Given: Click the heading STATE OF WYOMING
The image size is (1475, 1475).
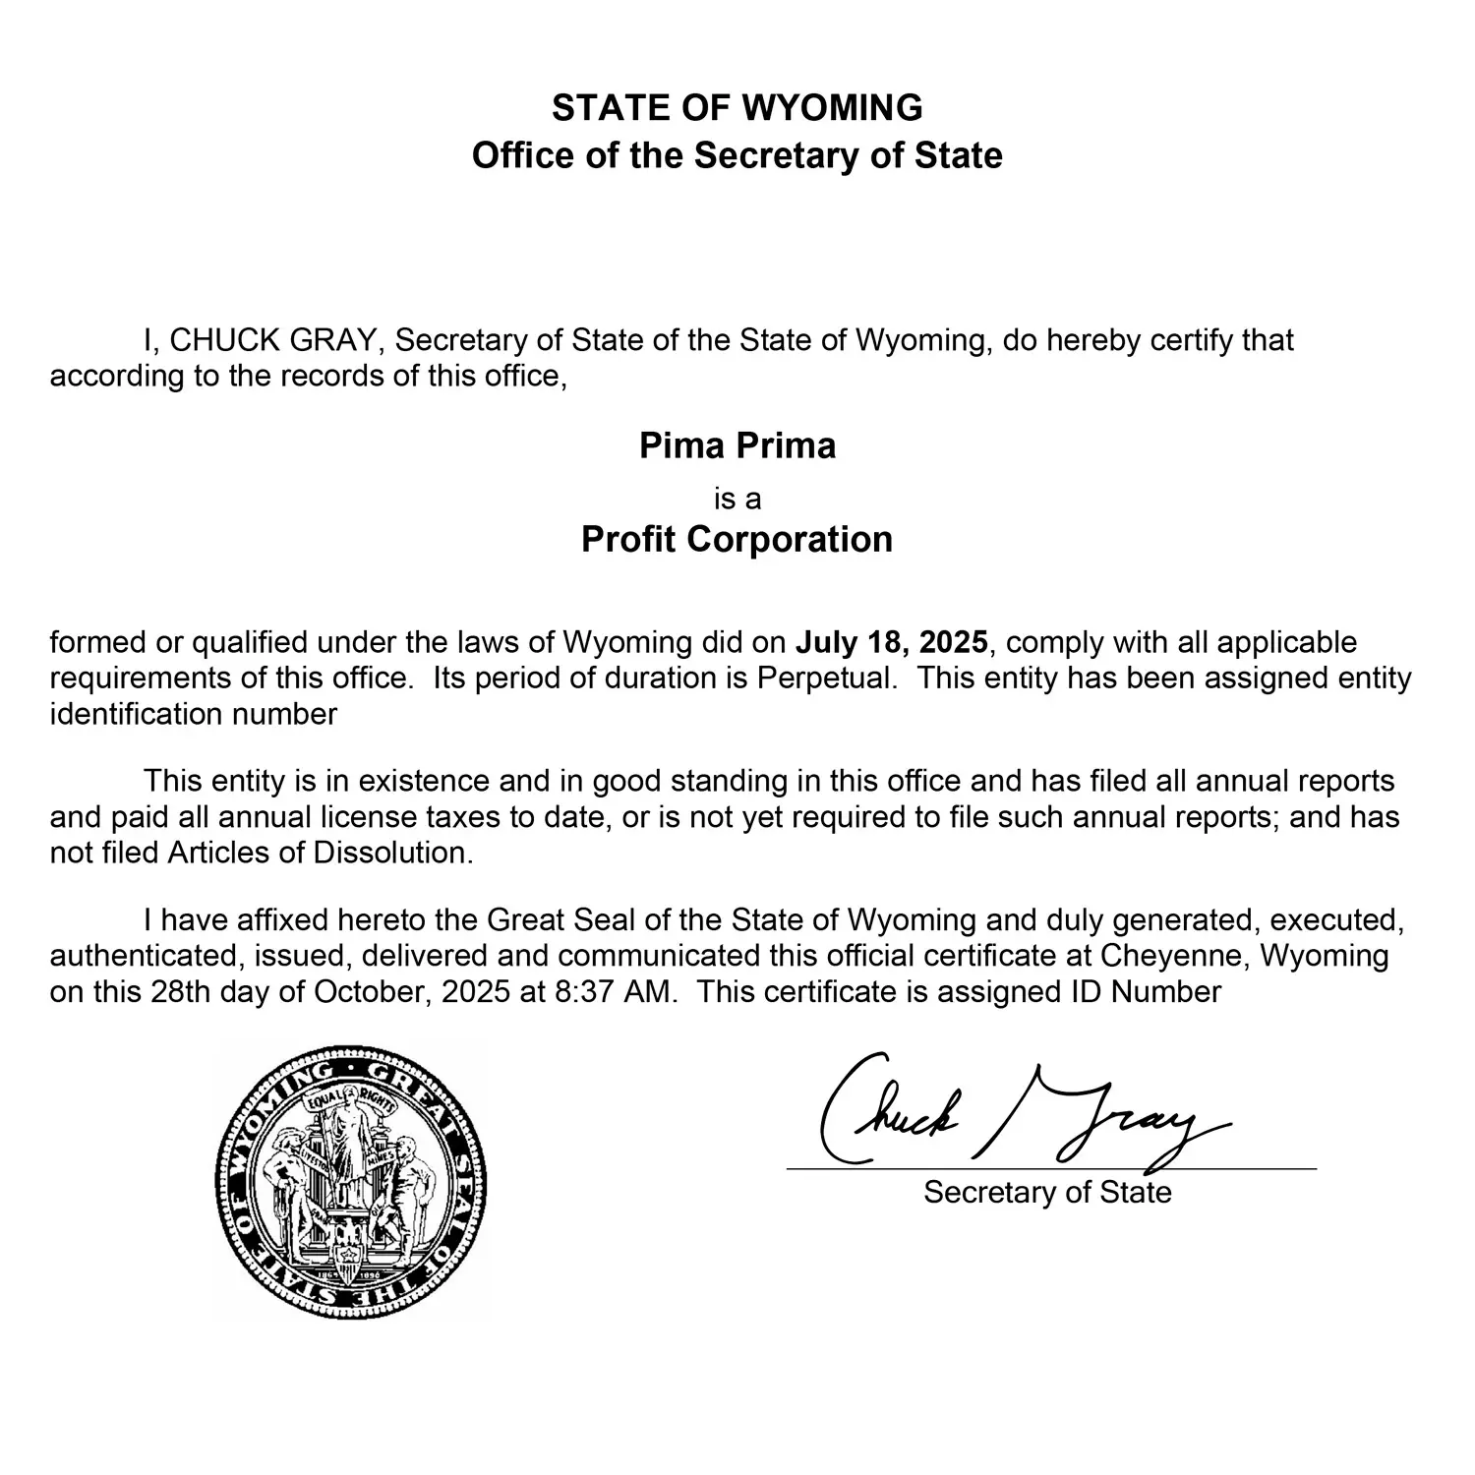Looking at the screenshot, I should tap(737, 107).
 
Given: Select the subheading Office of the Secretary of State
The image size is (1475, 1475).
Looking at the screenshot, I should tap(737, 156).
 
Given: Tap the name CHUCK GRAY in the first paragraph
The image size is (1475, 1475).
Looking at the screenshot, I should tap(272, 340).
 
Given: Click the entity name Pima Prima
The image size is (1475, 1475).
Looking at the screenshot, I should tap(737, 445).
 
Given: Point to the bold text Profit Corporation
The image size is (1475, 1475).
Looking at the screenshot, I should tap(737, 539).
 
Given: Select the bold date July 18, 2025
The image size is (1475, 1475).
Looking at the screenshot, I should tap(891, 643).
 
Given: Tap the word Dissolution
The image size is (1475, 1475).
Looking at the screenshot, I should tap(392, 853).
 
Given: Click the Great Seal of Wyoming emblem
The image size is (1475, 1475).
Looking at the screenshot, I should tap(350, 1181).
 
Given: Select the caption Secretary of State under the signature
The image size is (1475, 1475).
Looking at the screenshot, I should tap(1047, 1193).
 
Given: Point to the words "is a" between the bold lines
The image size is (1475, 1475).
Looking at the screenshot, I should tap(737, 500).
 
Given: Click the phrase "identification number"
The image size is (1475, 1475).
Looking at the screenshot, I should tap(194, 714).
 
